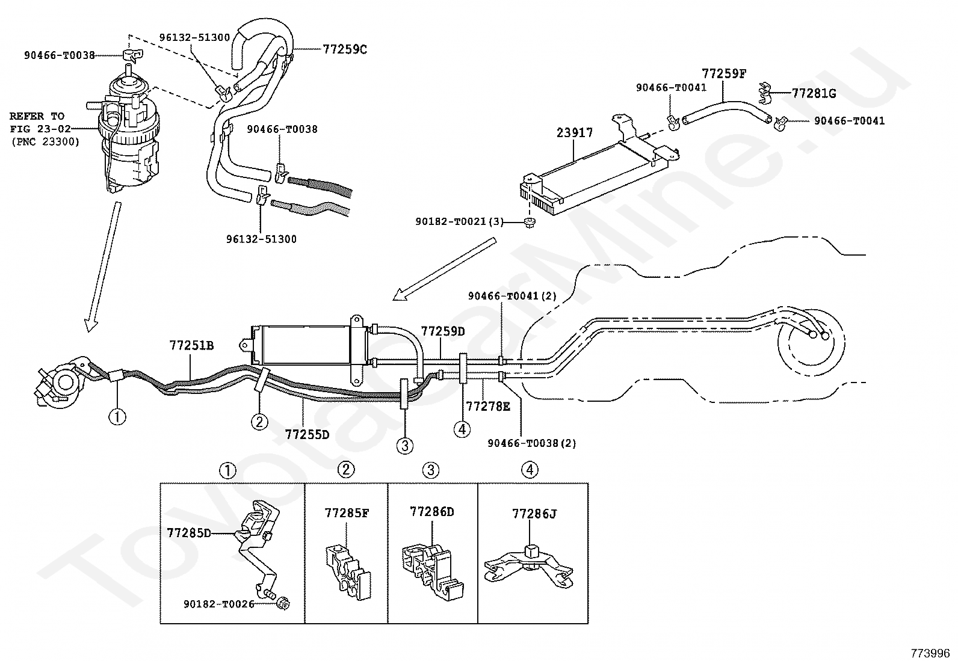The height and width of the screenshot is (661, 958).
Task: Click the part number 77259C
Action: point(345,49)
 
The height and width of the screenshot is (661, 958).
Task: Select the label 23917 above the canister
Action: point(574,133)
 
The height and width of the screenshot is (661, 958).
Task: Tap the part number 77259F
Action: point(724,74)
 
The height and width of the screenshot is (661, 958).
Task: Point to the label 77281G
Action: point(814,93)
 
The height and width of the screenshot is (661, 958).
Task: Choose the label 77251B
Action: point(191,345)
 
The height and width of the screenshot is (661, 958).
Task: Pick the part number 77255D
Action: point(307,435)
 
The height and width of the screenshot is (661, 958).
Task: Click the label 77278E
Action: point(488,406)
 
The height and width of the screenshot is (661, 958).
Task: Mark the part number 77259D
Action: point(443,331)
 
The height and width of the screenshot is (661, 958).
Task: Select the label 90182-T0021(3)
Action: point(459,222)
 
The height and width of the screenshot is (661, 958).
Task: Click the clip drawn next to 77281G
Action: point(764,94)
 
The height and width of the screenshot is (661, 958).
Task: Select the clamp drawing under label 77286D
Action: point(433,571)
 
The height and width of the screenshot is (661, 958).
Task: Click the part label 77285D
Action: point(188,533)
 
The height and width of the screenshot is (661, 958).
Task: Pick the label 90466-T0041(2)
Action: point(512,296)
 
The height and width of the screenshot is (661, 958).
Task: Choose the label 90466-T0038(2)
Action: point(532,443)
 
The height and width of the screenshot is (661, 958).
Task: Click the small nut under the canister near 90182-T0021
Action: point(530,222)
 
